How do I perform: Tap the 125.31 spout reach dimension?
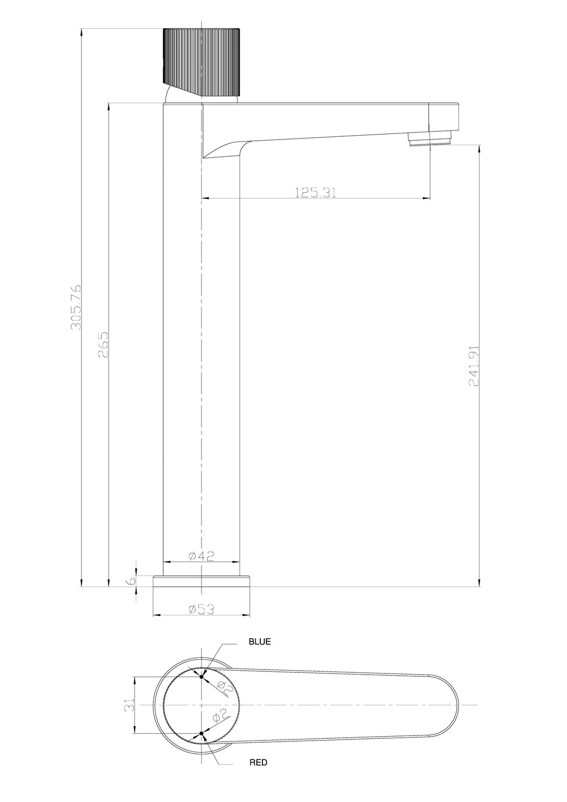[x=316, y=192]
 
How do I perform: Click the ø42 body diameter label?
[x=202, y=557]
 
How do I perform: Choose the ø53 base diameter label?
[x=202, y=609]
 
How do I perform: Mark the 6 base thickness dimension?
[x=131, y=580]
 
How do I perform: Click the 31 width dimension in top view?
[x=129, y=705]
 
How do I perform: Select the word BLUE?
[x=260, y=642]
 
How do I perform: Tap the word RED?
[x=258, y=763]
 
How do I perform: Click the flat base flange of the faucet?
[x=202, y=580]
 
